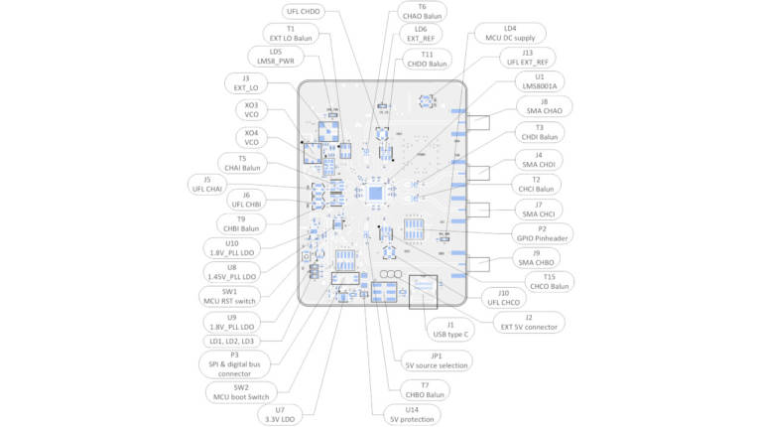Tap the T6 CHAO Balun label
[x=422, y=12]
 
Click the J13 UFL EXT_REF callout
[x=527, y=59]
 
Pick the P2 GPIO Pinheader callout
[x=543, y=234]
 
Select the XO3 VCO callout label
[x=251, y=110]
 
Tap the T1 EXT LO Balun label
[x=290, y=34]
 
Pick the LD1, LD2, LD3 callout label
[x=231, y=341]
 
